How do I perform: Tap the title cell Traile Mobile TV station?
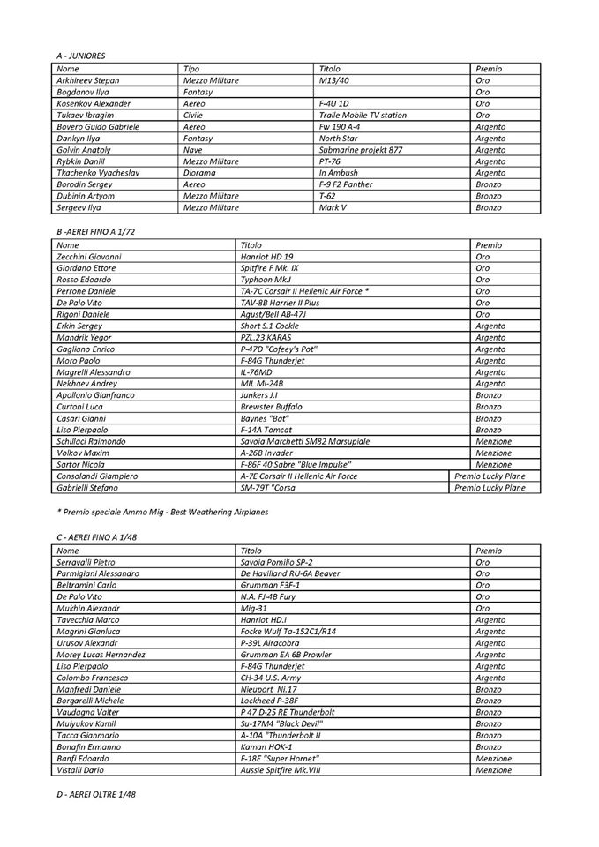[x=363, y=115]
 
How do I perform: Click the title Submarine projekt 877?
[x=360, y=150]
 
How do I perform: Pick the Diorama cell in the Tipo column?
[x=198, y=173]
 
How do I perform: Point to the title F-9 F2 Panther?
[x=347, y=184]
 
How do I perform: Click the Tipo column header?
[x=191, y=69]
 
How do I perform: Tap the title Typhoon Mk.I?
[x=267, y=279]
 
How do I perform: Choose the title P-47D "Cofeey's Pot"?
[x=279, y=349]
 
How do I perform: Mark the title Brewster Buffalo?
[x=272, y=406]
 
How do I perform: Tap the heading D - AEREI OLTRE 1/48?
[x=95, y=795]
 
